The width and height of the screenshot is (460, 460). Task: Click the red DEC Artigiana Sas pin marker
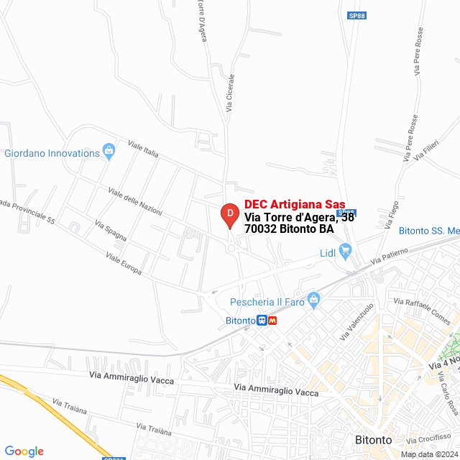[229, 214]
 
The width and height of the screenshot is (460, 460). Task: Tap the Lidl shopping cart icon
[345, 252]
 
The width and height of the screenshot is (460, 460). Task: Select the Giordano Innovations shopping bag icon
[109, 151]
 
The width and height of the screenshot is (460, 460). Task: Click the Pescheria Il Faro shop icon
[313, 299]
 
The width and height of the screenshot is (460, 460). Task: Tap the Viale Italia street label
[142, 149]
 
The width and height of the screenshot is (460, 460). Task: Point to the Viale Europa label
[123, 264]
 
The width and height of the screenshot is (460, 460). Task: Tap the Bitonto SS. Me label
[429, 231]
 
